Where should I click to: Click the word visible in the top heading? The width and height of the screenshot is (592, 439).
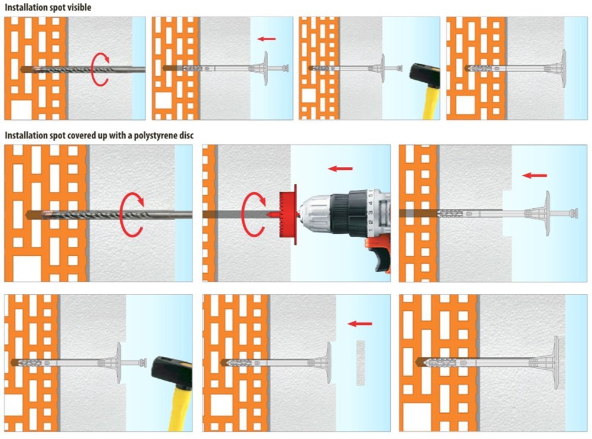pyautogui.click(x=79, y=7)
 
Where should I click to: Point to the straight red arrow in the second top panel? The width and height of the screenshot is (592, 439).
pyautogui.click(x=266, y=38)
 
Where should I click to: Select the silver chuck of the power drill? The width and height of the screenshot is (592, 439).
pyautogui.click(x=316, y=214)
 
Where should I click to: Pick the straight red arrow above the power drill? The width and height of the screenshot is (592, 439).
pyautogui.click(x=340, y=169)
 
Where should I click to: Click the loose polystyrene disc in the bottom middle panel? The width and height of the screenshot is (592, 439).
pyautogui.click(x=361, y=363)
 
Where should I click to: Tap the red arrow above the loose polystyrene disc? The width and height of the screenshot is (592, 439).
pyautogui.click(x=360, y=324)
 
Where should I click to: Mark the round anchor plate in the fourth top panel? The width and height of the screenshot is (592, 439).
pyautogui.click(x=564, y=68)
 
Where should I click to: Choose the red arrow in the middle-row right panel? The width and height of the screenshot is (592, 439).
pyautogui.click(x=535, y=175)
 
